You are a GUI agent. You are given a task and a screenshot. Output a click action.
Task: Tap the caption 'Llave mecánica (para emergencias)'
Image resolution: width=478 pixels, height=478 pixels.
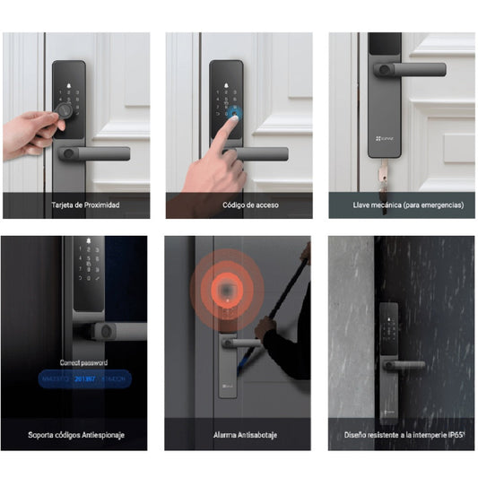coord(401,205)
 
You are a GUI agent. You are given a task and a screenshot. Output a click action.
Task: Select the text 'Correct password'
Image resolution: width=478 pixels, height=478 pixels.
coord(83,362)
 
